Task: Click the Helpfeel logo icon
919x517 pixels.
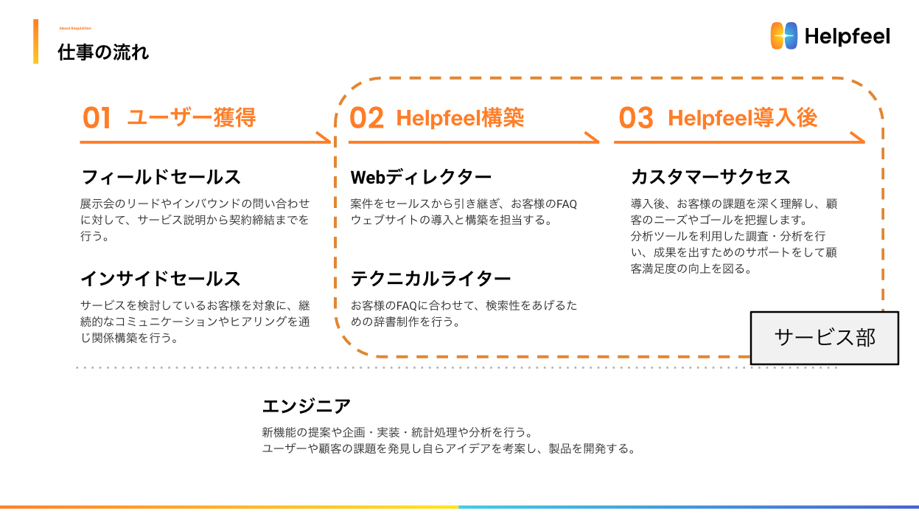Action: coord(784,35)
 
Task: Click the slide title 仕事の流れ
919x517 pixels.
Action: coord(103,53)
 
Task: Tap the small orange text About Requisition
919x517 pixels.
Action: coord(75,28)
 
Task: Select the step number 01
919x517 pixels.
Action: coord(97,118)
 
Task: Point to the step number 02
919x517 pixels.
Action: coord(366,118)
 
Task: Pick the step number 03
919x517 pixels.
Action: coord(636,118)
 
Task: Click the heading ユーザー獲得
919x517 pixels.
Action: coord(192,117)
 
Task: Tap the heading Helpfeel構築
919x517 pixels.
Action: coord(460,117)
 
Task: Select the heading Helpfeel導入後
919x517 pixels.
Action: coord(742,117)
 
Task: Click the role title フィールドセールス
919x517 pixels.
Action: coord(161,177)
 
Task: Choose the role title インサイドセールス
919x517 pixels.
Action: coord(161,279)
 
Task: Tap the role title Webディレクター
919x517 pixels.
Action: coord(421,177)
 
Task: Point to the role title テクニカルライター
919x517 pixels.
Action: coord(430,279)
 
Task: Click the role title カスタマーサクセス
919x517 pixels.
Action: coord(710,177)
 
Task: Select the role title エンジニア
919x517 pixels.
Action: coord(307,406)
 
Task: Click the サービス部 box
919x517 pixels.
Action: coord(825,338)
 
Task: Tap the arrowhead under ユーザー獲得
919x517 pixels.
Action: coord(324,138)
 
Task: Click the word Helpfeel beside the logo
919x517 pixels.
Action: coord(848,36)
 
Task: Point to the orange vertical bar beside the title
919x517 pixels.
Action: coord(35,41)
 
